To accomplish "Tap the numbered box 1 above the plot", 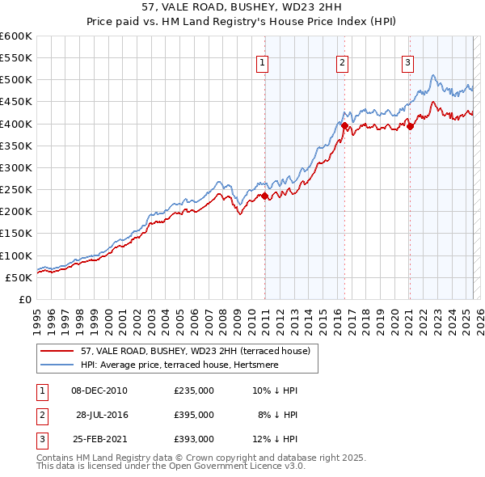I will pos(264,63).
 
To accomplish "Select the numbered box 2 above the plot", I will pos(343,63).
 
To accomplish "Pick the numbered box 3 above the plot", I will pos(408,63).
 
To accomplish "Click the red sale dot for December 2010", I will pos(265,196).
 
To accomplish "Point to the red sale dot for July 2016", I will pos(345,126).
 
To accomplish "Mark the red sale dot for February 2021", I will pos(411,126).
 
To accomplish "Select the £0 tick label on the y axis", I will pos(26,299).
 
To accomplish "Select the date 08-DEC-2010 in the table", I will pos(99,390).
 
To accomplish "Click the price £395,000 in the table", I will pos(194,415).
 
